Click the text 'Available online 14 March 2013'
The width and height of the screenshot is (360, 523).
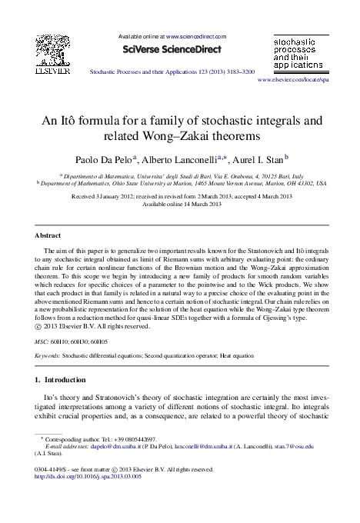(180, 205)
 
